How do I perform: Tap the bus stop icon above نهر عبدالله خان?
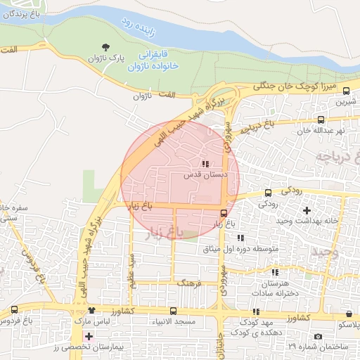coord(321,120)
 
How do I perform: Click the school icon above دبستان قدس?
coord(205,164)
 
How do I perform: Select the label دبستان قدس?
coord(204,174)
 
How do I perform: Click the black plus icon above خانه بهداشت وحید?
coord(306,210)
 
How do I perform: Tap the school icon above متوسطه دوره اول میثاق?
coord(240,238)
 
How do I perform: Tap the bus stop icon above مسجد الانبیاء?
coord(173,311)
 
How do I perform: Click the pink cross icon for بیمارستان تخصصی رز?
coord(88,335)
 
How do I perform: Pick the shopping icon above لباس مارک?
coord(91,311)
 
